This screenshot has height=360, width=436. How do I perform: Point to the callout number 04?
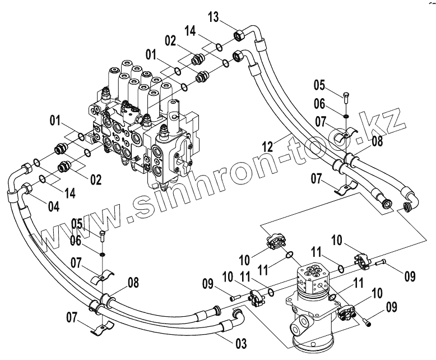pos(53,205)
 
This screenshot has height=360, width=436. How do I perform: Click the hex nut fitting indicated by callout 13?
pos(239,35)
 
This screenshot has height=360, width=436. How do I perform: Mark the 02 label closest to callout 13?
pos(170,40)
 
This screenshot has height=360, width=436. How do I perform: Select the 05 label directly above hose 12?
pos(319,85)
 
